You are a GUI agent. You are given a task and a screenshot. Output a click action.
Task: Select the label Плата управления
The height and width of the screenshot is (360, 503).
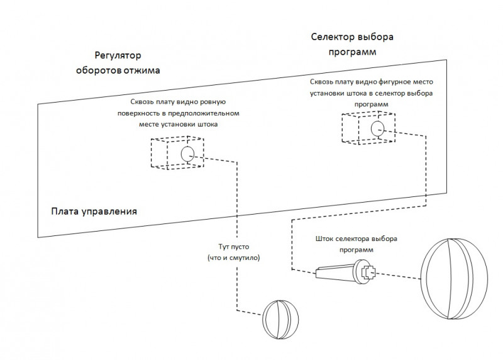click(x=94, y=210)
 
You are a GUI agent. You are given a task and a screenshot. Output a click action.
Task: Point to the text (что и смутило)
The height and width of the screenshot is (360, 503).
click(x=233, y=258)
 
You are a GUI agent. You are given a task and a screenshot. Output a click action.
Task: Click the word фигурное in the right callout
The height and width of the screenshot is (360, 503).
click(x=384, y=82)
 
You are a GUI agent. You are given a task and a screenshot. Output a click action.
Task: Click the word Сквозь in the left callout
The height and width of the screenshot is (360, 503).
click(x=143, y=102)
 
